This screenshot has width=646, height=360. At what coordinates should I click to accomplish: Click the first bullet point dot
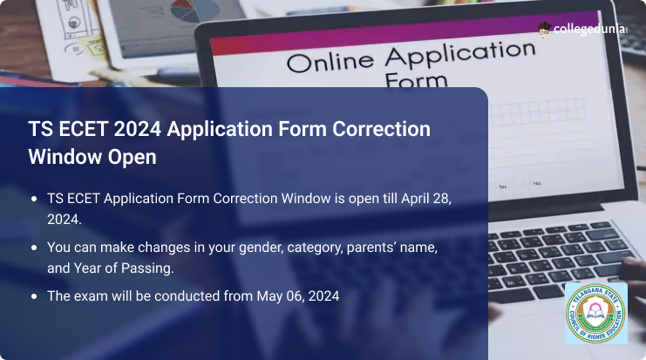[x=34, y=199]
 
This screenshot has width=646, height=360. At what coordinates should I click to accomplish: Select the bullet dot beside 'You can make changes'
[x=34, y=248]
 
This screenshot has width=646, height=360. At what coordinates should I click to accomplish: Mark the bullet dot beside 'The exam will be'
[x=34, y=296]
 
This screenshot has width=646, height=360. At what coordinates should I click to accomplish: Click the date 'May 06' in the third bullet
[x=276, y=296]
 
